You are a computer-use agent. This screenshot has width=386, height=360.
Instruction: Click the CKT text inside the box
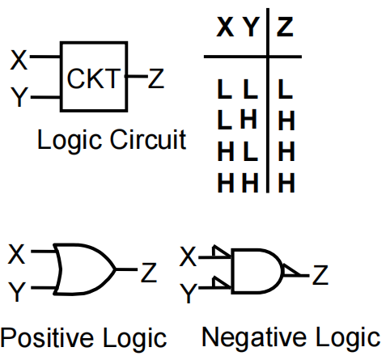click(93, 78)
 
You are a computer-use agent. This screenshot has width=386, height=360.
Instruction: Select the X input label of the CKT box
click(19, 60)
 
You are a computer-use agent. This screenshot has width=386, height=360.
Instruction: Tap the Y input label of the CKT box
click(19, 97)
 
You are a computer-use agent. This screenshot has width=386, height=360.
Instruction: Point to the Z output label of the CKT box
click(156, 78)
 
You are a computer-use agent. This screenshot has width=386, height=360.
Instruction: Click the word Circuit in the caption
click(148, 139)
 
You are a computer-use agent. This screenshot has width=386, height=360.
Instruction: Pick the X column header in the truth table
click(225, 27)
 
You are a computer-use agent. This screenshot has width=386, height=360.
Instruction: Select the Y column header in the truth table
click(251, 27)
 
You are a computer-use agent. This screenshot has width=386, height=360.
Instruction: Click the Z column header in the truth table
click(285, 27)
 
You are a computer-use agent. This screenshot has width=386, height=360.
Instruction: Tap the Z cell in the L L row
click(285, 89)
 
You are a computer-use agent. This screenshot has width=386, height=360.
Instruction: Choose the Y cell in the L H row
click(248, 119)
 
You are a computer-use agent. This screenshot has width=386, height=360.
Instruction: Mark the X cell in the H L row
click(226, 151)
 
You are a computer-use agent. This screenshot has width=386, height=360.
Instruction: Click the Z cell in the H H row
click(286, 183)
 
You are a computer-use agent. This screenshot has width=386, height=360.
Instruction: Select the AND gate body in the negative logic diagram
click(257, 271)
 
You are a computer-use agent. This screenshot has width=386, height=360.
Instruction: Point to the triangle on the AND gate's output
click(291, 271)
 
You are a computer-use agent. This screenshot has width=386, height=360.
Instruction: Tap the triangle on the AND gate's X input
click(221, 252)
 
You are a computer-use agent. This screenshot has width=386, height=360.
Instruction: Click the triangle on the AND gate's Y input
click(221, 282)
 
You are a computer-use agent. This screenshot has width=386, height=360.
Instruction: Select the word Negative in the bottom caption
click(254, 337)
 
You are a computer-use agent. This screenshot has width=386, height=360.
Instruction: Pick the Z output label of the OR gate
click(149, 273)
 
